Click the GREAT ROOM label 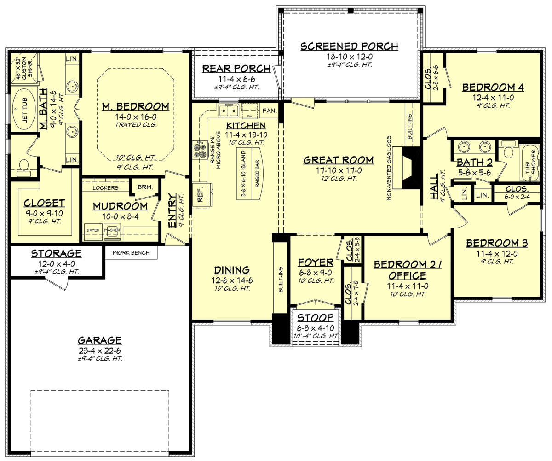tap(338, 160)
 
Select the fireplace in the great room tap(410, 168)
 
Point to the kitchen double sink tap(229, 111)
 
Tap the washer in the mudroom tap(112, 231)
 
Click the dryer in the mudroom tap(94, 231)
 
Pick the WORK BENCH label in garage tap(131, 253)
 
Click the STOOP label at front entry tap(316, 318)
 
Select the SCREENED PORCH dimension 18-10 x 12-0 tap(349, 57)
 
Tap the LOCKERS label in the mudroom tap(105, 188)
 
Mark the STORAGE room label tap(56, 254)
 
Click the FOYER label tap(316, 263)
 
